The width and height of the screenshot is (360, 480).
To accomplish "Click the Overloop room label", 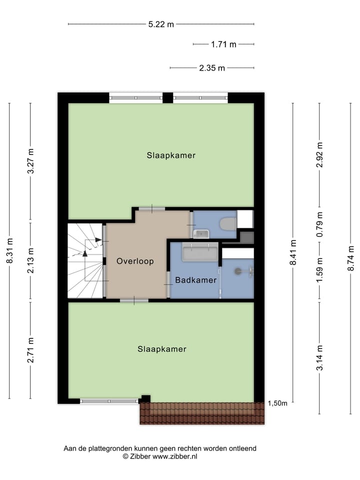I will click(135, 261).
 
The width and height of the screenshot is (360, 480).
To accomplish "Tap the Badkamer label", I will click(195, 279).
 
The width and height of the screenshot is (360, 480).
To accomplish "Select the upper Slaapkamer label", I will click(171, 155).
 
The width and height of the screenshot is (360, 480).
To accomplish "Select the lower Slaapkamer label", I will click(162, 349).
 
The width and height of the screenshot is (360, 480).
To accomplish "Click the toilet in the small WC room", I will click(228, 223).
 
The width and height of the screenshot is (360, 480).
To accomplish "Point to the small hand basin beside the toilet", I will click(201, 233).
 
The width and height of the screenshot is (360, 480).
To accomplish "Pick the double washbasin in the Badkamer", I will click(200, 253).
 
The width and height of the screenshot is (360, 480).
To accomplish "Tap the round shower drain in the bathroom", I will click(238, 271).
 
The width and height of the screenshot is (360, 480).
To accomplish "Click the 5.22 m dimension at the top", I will click(161, 24).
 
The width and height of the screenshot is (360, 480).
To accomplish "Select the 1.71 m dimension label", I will click(223, 44).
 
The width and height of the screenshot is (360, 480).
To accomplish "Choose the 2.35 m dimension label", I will click(212, 68).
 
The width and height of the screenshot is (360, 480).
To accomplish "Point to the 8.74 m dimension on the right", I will click(350, 258).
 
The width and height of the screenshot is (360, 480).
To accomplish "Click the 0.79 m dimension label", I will click(320, 224).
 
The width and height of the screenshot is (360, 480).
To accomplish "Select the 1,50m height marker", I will click(277, 403).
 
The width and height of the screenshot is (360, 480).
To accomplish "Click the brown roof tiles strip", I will click(202, 413).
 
